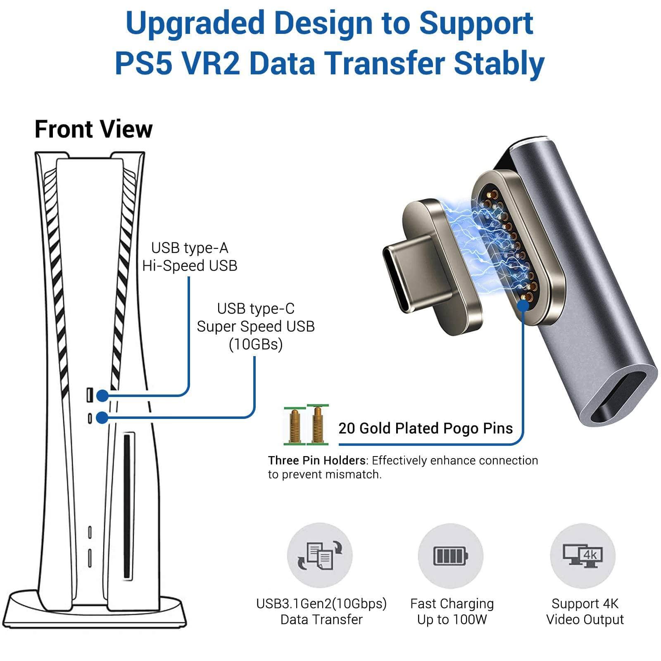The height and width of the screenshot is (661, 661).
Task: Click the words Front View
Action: (x=94, y=129)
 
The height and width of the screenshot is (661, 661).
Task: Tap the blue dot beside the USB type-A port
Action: (x=102, y=396)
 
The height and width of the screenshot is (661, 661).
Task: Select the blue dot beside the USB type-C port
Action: (x=102, y=418)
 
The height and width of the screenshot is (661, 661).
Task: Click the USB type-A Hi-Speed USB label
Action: (x=190, y=257)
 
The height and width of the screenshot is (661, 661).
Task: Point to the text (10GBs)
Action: (x=256, y=344)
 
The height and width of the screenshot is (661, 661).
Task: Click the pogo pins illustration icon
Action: (x=306, y=425)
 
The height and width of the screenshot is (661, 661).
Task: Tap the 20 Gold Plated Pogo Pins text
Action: (x=426, y=428)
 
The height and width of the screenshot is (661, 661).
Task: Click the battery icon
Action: (x=451, y=555)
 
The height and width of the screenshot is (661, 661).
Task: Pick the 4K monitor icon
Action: (x=583, y=555)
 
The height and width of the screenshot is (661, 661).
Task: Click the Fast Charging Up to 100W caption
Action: (x=452, y=611)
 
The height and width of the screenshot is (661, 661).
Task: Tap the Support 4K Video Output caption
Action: (x=585, y=611)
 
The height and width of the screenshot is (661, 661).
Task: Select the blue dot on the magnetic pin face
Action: (x=523, y=305)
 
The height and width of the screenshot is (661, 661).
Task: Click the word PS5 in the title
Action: (x=143, y=63)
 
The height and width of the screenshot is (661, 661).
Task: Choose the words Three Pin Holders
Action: (x=316, y=460)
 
